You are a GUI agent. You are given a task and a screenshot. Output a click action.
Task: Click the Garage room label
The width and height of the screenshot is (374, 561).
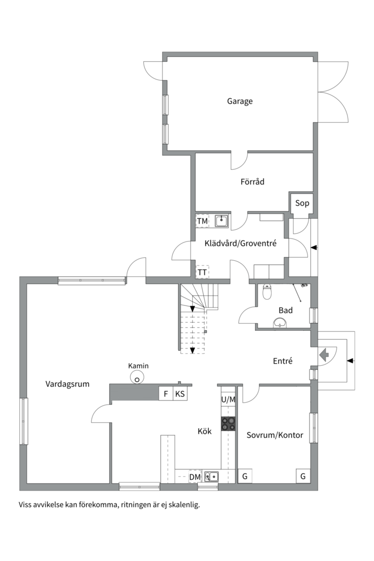click(x=239, y=101)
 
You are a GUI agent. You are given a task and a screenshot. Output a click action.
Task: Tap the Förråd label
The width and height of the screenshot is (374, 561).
click(x=252, y=182)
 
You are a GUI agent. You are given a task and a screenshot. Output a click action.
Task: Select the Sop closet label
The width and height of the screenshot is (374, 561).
click(x=302, y=203)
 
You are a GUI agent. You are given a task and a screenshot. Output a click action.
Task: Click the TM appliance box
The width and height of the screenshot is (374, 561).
click(x=202, y=221)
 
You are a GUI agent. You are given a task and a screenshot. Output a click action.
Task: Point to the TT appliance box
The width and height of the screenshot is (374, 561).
click(x=202, y=272)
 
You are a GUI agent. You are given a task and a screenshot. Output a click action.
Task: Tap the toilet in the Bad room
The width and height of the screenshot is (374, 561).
click(x=268, y=293)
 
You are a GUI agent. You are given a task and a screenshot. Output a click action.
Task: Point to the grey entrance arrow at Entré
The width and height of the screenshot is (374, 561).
click(x=324, y=355)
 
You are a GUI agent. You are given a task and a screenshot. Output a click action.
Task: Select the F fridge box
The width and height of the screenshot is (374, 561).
click(x=166, y=394)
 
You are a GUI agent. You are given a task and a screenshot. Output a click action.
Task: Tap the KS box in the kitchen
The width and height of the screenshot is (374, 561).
click(x=180, y=394)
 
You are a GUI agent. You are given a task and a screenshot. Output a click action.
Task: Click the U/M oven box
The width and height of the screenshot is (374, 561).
click(x=228, y=399)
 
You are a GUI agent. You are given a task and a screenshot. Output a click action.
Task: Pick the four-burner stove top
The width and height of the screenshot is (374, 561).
click(x=228, y=423)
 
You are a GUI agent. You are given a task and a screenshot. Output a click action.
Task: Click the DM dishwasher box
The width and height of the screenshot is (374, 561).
click(x=195, y=477)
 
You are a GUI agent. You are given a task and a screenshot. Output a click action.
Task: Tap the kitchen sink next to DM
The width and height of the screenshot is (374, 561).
click(x=211, y=476)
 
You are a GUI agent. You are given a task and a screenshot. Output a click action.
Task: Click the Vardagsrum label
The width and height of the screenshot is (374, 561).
click(x=68, y=384)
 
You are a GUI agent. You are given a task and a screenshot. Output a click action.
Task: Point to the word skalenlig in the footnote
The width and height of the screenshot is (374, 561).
click(x=184, y=504)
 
